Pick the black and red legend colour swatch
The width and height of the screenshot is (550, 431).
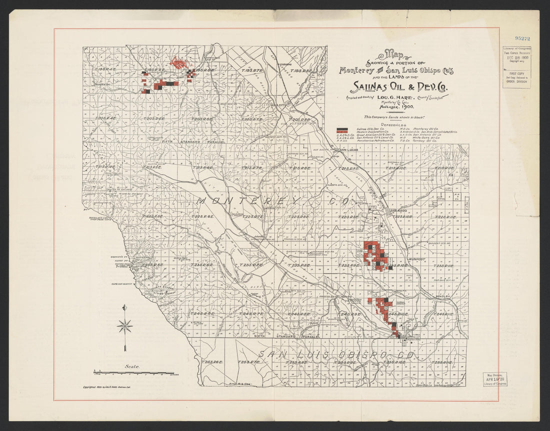[x=342, y=129]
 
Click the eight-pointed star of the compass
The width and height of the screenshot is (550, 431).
[x=124, y=327]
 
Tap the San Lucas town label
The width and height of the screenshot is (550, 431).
[x=350, y=150]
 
